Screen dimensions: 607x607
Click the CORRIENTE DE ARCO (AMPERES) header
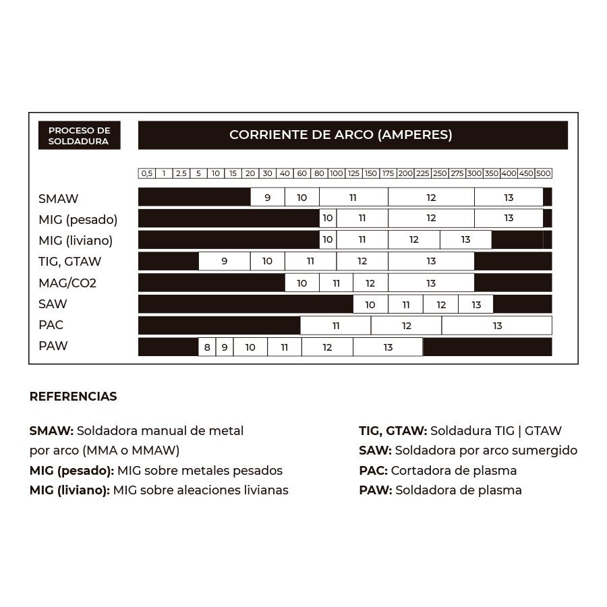341,135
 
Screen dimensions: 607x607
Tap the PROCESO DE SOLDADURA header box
79,136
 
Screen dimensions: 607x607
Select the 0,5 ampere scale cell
146,173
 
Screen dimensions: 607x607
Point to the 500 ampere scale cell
544,173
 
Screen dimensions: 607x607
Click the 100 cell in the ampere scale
336,173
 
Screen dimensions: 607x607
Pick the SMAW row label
59,199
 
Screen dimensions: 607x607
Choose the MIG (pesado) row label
78,220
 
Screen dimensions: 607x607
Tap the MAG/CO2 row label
67,283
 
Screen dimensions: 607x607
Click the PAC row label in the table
51,325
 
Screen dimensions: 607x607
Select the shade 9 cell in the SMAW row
267,198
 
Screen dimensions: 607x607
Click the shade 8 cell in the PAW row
207,348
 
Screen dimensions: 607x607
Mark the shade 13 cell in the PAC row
497,326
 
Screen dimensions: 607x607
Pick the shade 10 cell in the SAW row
370,305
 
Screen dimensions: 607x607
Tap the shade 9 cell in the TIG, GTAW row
224,262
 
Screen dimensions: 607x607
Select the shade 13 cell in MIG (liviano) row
465,240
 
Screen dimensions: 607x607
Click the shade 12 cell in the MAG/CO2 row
370,283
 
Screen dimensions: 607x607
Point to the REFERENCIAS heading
73,397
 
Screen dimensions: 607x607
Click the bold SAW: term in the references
375,451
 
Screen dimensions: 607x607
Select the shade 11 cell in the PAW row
284,348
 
